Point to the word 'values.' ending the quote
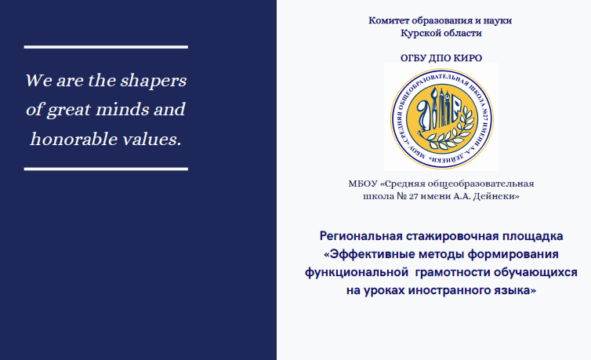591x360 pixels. point(152,139)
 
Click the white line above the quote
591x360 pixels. point(106,47)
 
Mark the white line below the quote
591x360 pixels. point(106,169)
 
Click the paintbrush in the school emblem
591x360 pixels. point(434,107)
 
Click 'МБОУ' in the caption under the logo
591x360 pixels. point(363,184)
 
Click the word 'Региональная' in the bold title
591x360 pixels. point(361,236)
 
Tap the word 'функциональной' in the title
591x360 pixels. point(357,272)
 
